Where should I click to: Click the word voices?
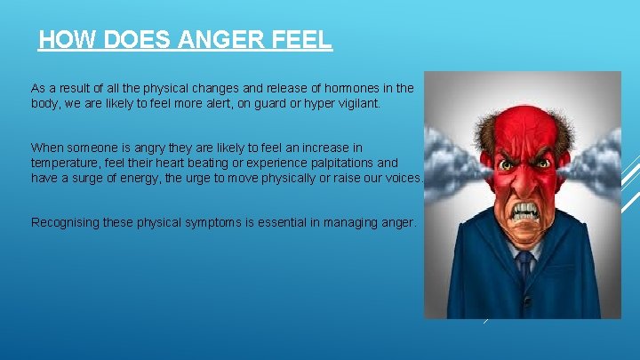coord(402,179)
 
